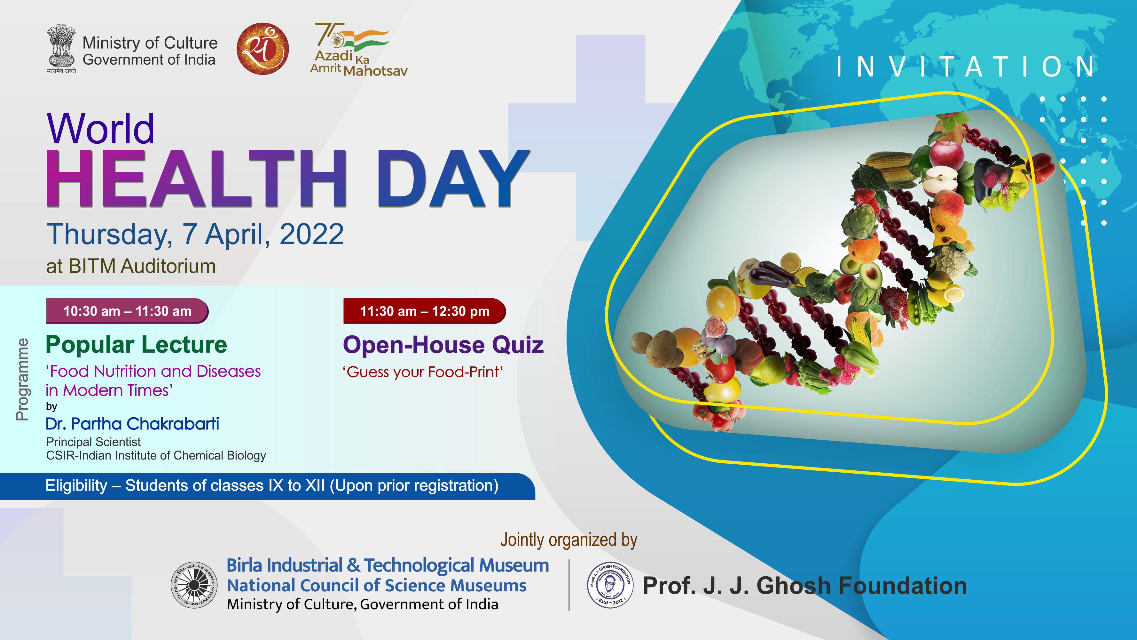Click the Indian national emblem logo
tap(61, 49)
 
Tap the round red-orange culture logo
tap(263, 49)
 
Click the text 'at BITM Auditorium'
tap(131, 266)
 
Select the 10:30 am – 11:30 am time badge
tap(127, 311)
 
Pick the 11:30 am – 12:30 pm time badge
tap(425, 311)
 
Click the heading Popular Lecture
tap(137, 345)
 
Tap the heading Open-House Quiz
tap(443, 345)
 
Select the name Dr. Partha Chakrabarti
tap(132, 424)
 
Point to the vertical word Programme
tap(22, 380)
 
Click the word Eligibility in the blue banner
tap(76, 485)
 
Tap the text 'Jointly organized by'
tap(569, 540)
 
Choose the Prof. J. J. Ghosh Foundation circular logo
tap(610, 584)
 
